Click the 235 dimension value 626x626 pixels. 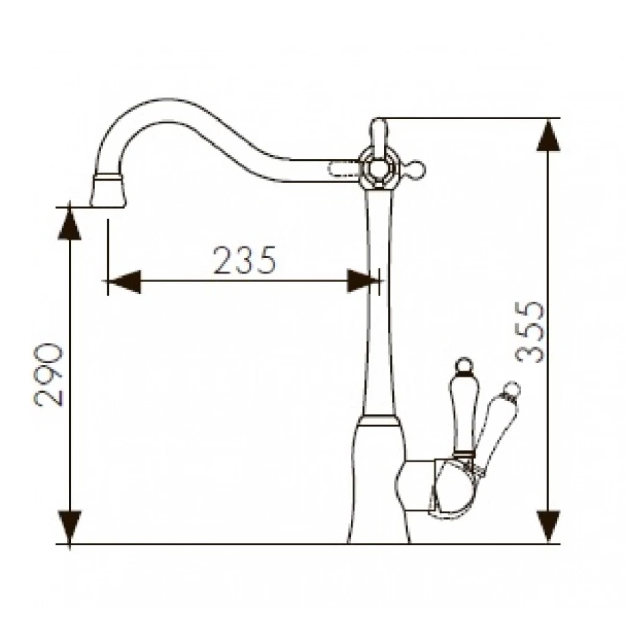click(x=245, y=260)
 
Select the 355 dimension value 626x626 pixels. click(x=530, y=332)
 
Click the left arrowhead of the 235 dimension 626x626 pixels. click(x=124, y=281)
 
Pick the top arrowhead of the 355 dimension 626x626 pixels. click(x=549, y=135)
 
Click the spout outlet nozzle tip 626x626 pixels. click(x=107, y=191)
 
